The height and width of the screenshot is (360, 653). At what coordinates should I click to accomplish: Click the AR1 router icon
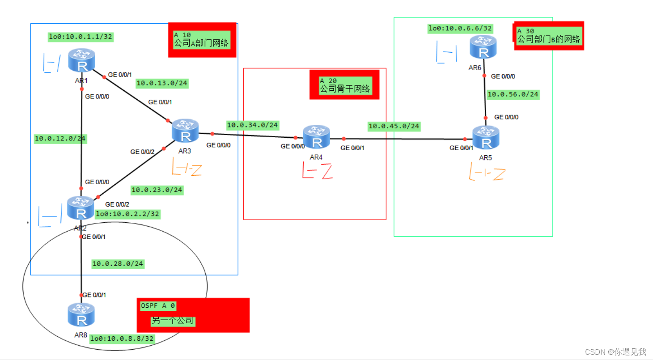coord(82,60)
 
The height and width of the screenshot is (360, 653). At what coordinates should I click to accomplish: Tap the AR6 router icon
coord(483,47)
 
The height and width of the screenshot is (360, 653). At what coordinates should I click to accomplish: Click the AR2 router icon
coord(81,208)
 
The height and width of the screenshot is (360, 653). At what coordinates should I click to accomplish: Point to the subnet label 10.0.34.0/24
coord(252,125)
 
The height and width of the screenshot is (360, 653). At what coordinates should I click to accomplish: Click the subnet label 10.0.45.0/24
coord(394,126)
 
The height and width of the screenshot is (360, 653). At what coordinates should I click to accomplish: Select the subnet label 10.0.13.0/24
coord(161,83)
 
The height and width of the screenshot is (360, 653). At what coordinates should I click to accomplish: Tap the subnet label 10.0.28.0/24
coord(118,264)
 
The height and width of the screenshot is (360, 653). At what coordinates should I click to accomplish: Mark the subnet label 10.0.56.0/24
coord(513,94)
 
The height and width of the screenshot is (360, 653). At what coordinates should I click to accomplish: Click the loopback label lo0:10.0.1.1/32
coord(81,37)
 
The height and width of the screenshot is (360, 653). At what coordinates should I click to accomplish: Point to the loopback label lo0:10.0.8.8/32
coord(122,339)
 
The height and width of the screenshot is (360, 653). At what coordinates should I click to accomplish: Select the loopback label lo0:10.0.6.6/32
coord(460,29)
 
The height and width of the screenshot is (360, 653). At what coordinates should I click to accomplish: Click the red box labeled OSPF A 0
coord(193,315)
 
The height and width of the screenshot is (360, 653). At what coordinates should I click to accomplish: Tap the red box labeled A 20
coord(344,84)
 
